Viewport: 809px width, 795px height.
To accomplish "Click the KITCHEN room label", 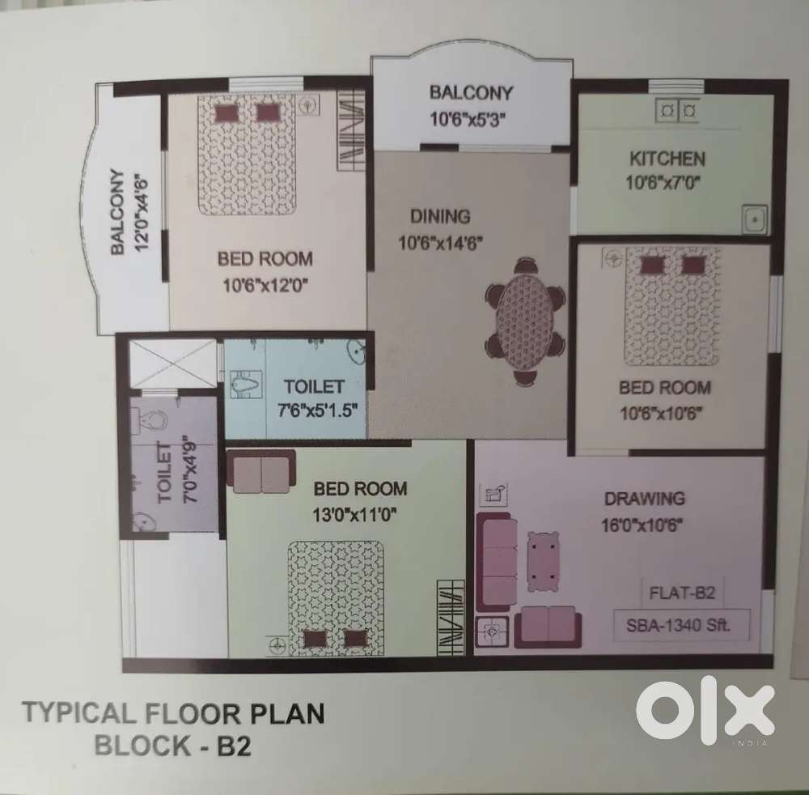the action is tap(667, 159).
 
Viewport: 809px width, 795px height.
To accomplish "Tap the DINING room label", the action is tap(440, 216).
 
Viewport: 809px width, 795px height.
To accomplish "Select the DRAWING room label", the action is tap(645, 499).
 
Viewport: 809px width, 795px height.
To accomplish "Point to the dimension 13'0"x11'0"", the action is tap(354, 515).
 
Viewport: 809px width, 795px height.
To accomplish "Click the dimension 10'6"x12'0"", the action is tap(265, 284).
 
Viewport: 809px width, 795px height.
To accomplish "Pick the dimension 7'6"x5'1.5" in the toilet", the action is tap(317, 410).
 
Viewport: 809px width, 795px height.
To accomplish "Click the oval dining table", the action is tap(524, 322).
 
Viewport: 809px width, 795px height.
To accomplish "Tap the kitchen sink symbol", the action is tap(756, 220).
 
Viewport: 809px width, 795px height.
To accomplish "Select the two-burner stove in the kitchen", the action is tap(677, 110).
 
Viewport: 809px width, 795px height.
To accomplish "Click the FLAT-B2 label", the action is tap(682, 592).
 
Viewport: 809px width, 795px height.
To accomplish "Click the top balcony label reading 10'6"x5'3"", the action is tap(468, 120).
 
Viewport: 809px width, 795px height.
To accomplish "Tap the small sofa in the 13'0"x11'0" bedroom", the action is tap(261, 471).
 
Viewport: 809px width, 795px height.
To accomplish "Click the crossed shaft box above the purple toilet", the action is tap(173, 363).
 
